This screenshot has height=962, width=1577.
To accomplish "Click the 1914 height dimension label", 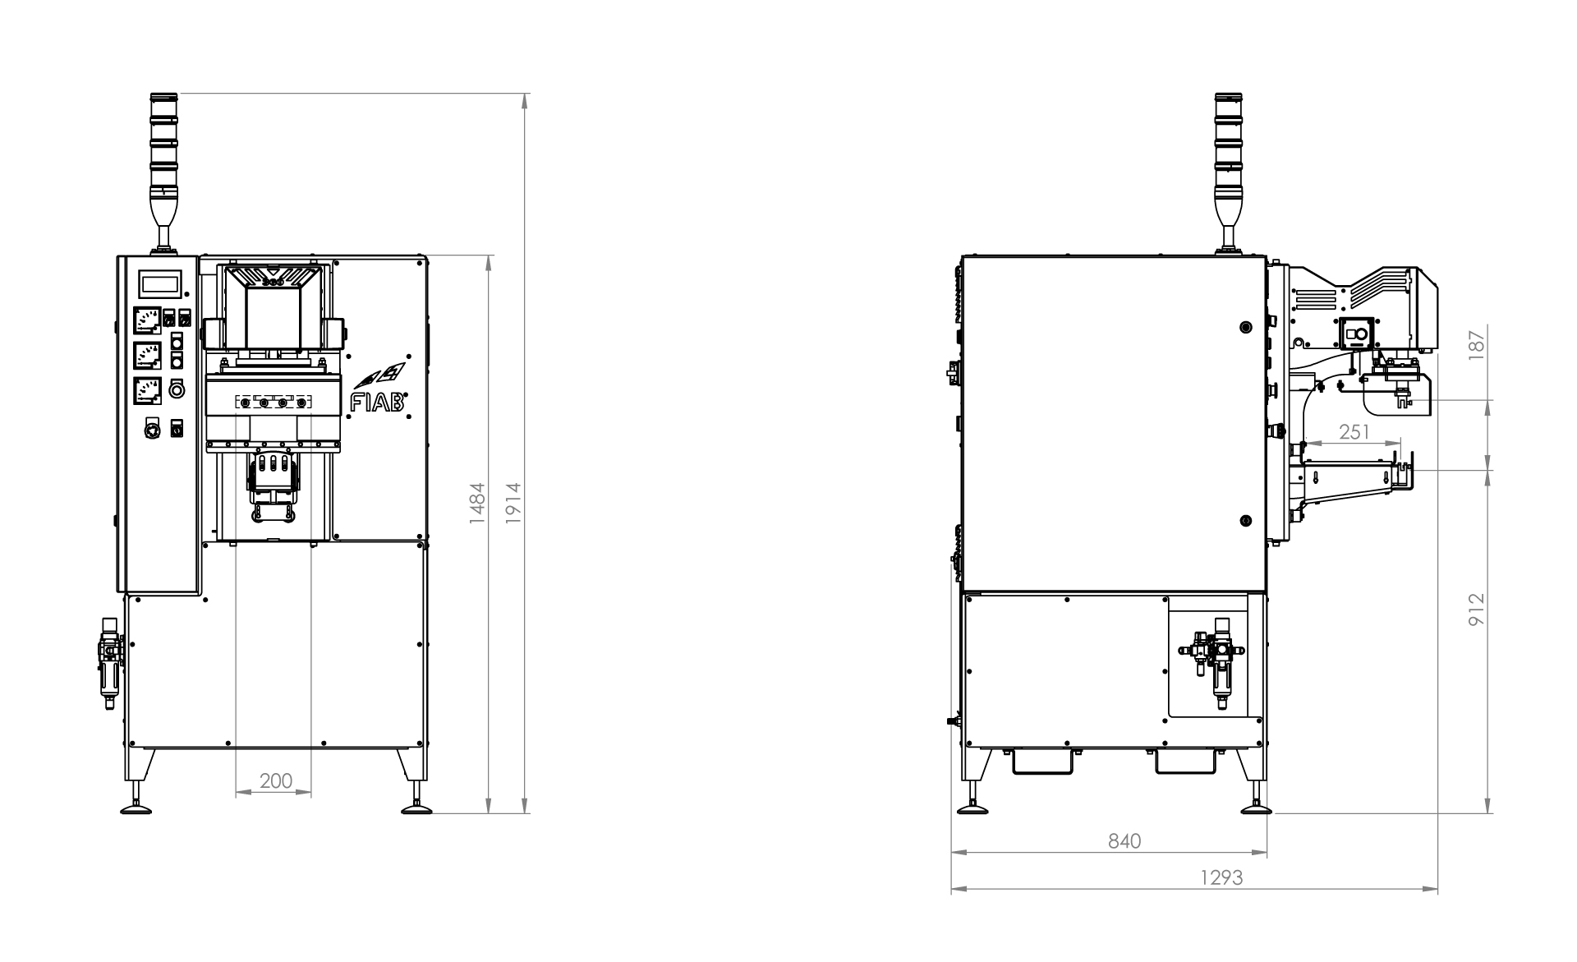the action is tap(513, 502).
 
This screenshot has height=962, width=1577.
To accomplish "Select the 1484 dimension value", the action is tap(477, 503).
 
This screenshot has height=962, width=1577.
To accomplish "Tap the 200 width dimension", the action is tap(276, 780).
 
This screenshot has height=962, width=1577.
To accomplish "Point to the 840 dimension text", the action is tap(1124, 841).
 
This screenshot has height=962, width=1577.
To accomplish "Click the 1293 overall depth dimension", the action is tap(1221, 877).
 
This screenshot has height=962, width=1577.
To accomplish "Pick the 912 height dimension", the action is tap(1477, 610).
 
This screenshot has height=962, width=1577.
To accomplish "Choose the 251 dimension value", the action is tap(1354, 431).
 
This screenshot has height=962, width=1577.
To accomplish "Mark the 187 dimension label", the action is tap(1477, 343).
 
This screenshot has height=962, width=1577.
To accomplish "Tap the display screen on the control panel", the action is tap(160, 283).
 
